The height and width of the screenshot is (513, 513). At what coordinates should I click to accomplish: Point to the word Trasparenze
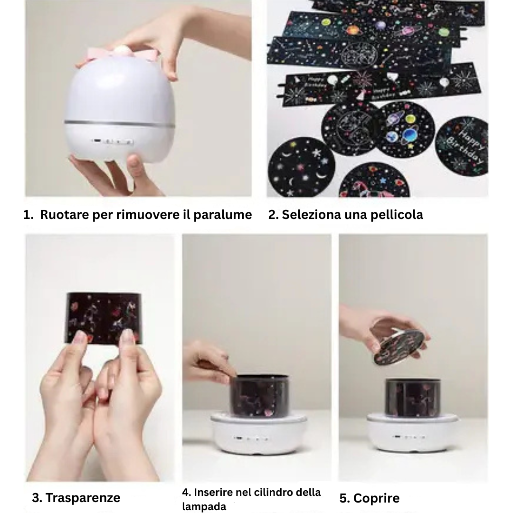83,498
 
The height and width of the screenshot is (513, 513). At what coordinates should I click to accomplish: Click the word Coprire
376,498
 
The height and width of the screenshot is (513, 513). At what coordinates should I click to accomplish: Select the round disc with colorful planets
405,129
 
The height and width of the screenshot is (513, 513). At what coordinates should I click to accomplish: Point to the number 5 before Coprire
343,498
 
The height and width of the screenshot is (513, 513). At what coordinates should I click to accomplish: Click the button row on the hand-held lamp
113,141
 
